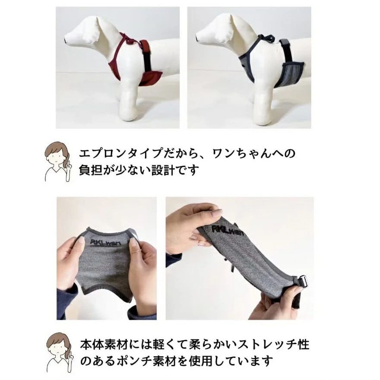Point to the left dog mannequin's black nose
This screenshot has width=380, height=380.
tap(65, 39)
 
